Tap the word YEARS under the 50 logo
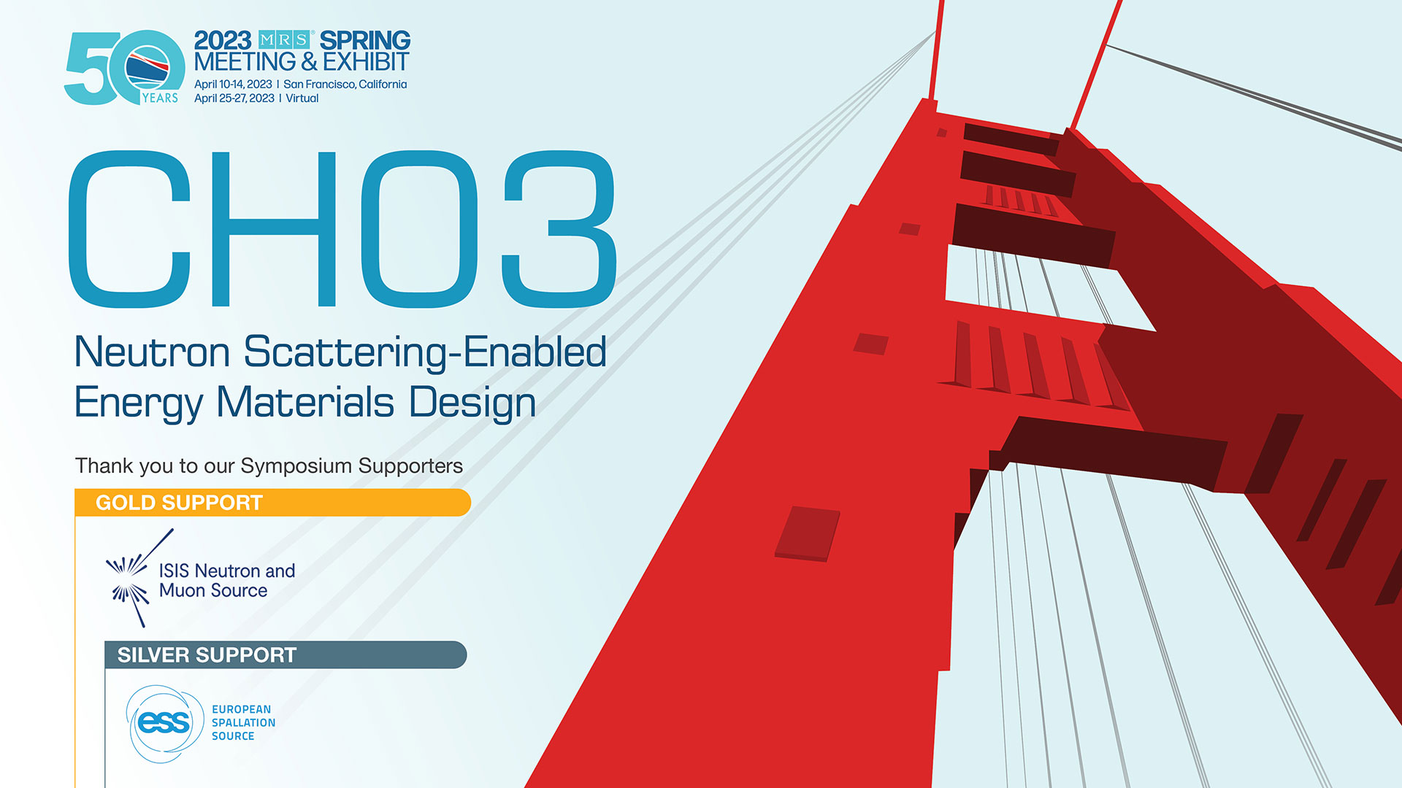tap(160, 98)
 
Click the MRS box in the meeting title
tap(286, 40)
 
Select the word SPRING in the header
tap(365, 40)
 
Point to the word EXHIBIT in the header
tap(367, 61)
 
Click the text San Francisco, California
tap(345, 84)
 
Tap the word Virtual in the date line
tap(302, 98)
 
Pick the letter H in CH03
tap(273, 229)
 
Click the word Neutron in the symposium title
tap(153, 352)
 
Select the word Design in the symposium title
tap(472, 403)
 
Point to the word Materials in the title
tap(305, 402)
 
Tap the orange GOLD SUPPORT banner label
tap(179, 503)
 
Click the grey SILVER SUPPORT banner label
tap(207, 655)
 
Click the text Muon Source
tap(213, 590)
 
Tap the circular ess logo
tap(164, 723)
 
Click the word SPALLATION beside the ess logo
tap(243, 722)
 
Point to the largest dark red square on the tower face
tap(807, 533)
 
